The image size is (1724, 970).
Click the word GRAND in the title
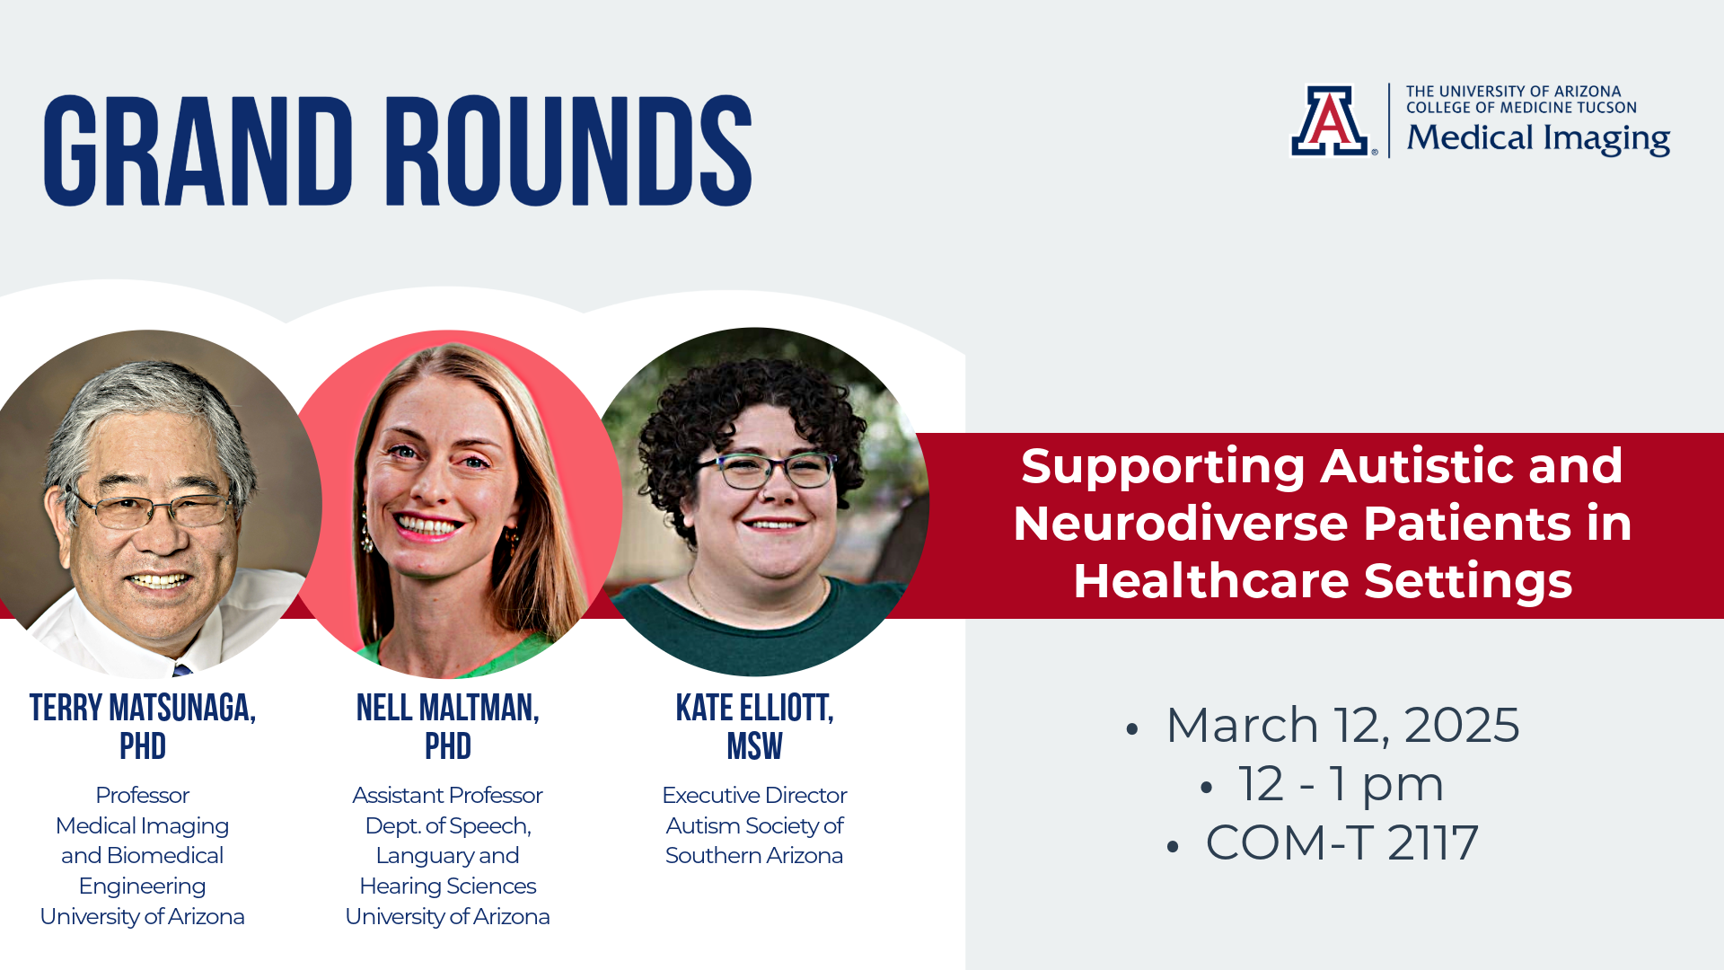198,151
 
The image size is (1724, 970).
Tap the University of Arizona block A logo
1330,121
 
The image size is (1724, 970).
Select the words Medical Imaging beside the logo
1537,138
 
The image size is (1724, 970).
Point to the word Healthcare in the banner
1211,580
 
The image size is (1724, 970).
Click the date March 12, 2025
1342,725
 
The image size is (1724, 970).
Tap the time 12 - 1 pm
1341,784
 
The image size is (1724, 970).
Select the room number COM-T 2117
1341,842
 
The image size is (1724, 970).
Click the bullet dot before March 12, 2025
1131,729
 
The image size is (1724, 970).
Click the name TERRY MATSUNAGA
142,708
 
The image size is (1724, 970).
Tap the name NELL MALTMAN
447,708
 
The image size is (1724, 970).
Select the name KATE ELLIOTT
754,708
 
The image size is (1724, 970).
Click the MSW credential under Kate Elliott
754,746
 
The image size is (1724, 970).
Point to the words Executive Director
754,795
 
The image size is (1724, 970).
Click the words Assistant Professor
447,795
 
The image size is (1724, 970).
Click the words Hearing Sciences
447,886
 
